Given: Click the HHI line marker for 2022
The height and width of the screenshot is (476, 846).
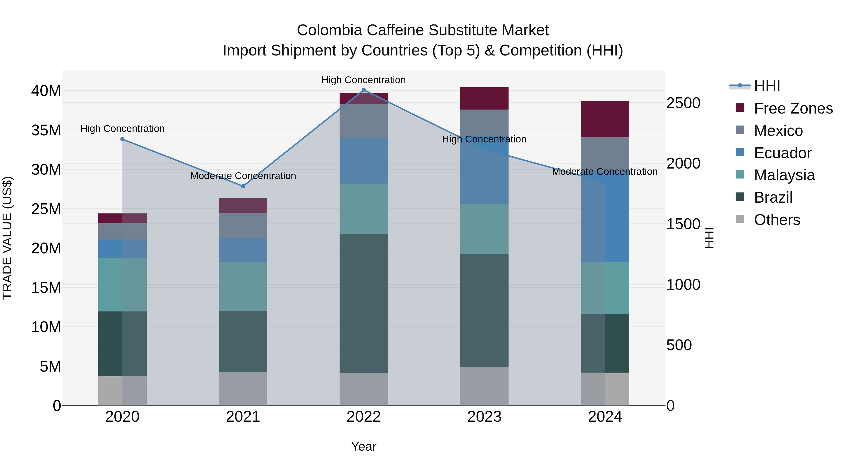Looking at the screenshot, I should pyautogui.click(x=364, y=90).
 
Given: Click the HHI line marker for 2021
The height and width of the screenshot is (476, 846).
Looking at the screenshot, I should pyautogui.click(x=243, y=186).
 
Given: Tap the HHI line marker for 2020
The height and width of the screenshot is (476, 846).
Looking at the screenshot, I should pyautogui.click(x=122, y=139).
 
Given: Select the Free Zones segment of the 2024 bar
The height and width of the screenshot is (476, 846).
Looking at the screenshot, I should pyautogui.click(x=605, y=119).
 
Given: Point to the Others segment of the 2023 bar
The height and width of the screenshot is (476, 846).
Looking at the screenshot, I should pyautogui.click(x=484, y=386).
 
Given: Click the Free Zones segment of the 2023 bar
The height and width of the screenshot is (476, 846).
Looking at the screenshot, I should pyautogui.click(x=484, y=98).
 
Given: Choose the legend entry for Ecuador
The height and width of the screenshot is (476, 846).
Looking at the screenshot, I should pyautogui.click(x=783, y=153).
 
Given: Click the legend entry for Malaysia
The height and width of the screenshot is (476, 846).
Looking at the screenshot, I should pyautogui.click(x=784, y=175).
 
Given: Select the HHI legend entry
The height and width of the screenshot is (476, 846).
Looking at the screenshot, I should pyautogui.click(x=767, y=86).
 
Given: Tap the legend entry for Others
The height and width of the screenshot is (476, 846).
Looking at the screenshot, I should pyautogui.click(x=777, y=220).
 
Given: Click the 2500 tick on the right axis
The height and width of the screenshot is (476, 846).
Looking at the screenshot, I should pyautogui.click(x=683, y=103).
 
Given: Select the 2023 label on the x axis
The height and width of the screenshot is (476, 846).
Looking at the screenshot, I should pyautogui.click(x=484, y=417).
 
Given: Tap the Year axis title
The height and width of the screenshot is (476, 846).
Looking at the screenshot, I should pyautogui.click(x=364, y=446).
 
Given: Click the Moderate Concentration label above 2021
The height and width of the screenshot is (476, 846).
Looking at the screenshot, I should pyautogui.click(x=243, y=176).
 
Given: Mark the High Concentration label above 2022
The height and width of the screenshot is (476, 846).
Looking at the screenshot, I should pyautogui.click(x=364, y=80).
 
